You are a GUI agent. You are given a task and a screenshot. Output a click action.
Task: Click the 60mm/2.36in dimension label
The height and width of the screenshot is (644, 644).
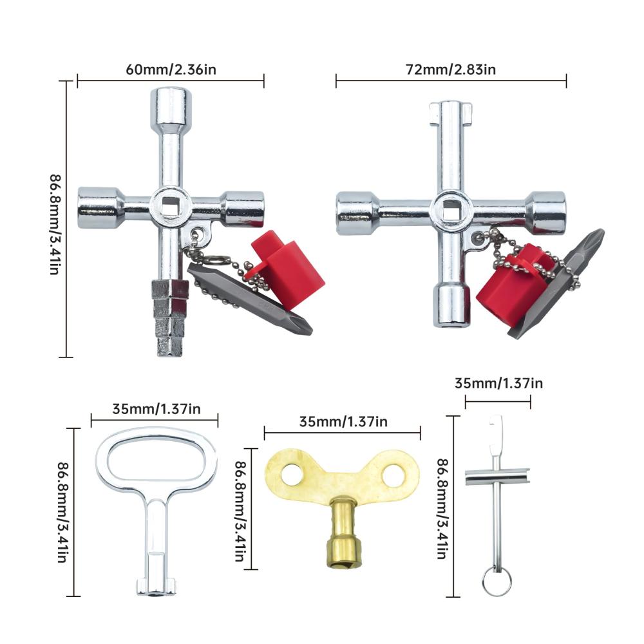[171, 70]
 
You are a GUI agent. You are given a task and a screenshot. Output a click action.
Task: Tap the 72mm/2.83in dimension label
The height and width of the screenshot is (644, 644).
[451, 70]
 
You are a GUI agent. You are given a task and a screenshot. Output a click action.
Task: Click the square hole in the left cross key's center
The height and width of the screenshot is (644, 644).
[169, 205]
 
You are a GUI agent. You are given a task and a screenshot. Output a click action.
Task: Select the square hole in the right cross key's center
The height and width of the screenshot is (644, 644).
[451, 209]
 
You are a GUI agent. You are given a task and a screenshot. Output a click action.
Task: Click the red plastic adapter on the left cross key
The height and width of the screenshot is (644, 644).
[287, 269]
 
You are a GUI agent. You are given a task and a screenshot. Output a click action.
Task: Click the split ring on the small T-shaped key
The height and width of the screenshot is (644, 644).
[497, 581]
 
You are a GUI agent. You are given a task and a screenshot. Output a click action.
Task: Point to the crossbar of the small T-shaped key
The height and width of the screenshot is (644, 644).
[497, 477]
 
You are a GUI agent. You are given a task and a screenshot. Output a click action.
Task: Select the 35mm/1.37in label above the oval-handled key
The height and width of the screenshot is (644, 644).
[156, 409]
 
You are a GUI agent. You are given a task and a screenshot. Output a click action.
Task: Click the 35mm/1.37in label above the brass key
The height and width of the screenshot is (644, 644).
[343, 422]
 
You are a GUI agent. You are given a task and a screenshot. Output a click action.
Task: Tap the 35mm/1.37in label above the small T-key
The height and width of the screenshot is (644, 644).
[498, 383]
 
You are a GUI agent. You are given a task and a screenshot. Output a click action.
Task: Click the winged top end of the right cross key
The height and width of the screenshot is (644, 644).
[451, 113]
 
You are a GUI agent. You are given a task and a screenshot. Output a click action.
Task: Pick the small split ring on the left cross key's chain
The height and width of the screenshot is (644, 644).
[213, 260]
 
